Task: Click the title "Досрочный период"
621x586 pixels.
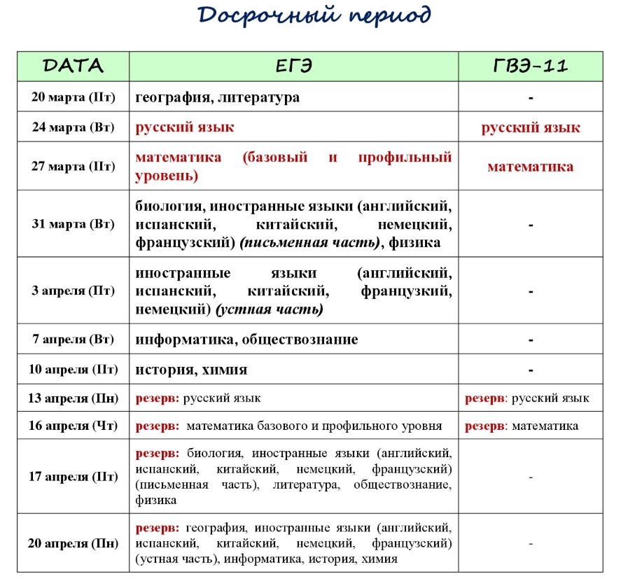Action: pyautogui.click(x=314, y=16)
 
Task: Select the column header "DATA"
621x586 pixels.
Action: pyautogui.click(x=73, y=66)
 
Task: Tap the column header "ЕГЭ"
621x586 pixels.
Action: pyautogui.click(x=293, y=66)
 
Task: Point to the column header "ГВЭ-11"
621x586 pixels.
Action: pyautogui.click(x=531, y=66)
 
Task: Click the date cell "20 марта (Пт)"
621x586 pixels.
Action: pyautogui.click(x=73, y=97)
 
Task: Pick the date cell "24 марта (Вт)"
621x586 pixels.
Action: pyautogui.click(x=73, y=127)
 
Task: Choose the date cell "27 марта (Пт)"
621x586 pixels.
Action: pyautogui.click(x=73, y=167)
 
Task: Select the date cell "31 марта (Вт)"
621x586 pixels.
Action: pyautogui.click(x=73, y=225)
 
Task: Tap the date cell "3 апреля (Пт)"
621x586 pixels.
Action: pyautogui.click(x=73, y=291)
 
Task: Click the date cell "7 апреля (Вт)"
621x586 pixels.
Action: pyautogui.click(x=73, y=340)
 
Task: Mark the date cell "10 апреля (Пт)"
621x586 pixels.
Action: pyautogui.click(x=73, y=369)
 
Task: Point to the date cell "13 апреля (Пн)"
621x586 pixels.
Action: pyautogui.click(x=73, y=398)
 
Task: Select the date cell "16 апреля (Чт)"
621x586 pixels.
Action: pyautogui.click(x=73, y=426)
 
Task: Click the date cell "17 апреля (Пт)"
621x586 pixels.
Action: pyautogui.click(x=73, y=477)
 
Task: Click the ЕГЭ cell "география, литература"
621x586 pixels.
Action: pyautogui.click(x=218, y=97)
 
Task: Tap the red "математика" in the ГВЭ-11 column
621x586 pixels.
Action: pyautogui.click(x=530, y=167)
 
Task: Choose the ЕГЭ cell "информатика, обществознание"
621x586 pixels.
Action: pyautogui.click(x=246, y=340)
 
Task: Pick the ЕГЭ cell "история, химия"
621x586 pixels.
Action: pyautogui.click(x=191, y=369)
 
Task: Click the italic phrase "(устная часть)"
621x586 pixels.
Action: pyautogui.click(x=270, y=309)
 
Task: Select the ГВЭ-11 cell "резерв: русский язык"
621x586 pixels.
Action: pyautogui.click(x=527, y=398)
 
